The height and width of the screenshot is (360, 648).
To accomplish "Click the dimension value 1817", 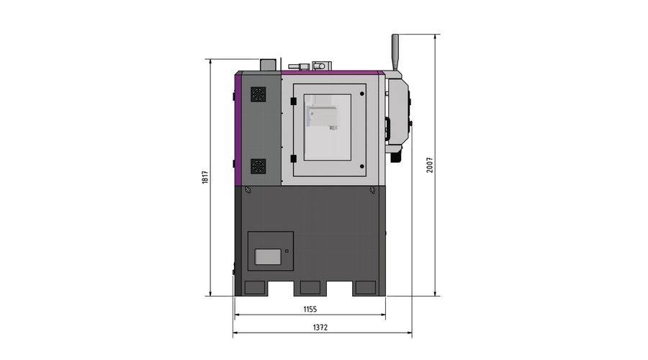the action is point(205,177).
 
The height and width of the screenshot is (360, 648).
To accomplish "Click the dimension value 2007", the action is point(430,165).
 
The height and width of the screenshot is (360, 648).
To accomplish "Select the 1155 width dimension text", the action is point(310,309).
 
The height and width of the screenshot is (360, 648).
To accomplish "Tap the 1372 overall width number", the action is point(320,328).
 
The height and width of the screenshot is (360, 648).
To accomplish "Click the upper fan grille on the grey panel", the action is point(258,94).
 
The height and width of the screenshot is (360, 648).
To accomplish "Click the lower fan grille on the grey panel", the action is point(258,166).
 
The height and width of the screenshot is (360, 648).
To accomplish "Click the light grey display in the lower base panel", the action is point(268,256).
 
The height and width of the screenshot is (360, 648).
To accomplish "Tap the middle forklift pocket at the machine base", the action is point(310,288).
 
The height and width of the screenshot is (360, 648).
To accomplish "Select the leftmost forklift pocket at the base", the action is point(255,288).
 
